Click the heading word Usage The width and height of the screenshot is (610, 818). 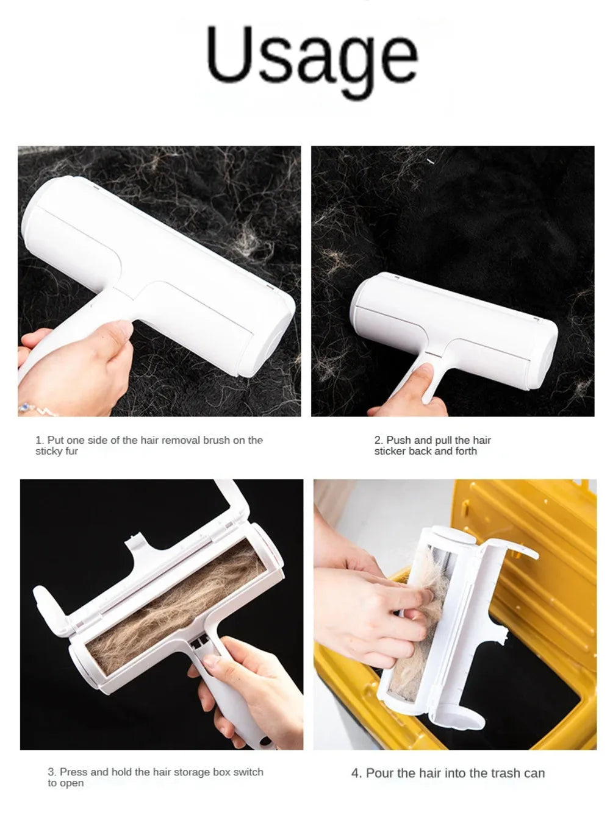[x=312, y=56]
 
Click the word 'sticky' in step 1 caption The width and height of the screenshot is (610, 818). [x=48, y=452]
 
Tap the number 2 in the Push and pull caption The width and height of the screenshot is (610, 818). [x=378, y=440]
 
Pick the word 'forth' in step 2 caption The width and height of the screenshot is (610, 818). [x=466, y=452]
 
